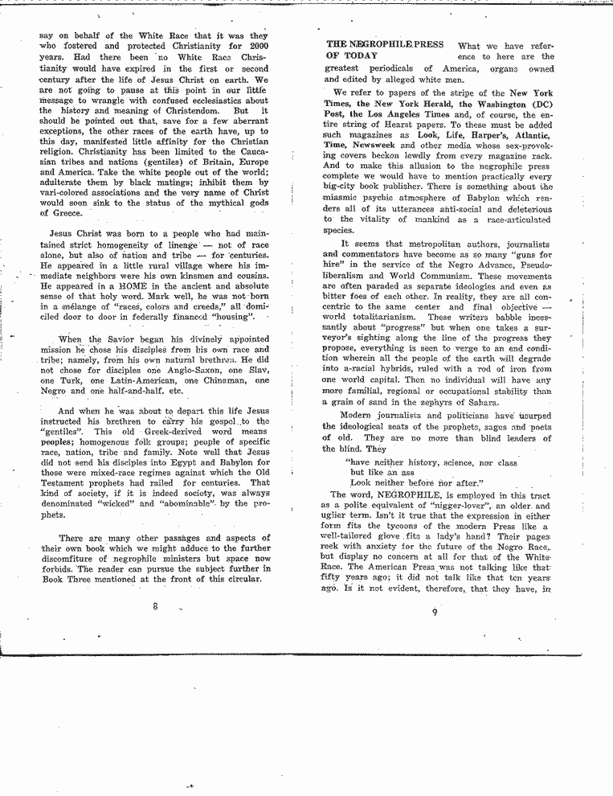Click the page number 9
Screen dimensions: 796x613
tap(433, 611)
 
